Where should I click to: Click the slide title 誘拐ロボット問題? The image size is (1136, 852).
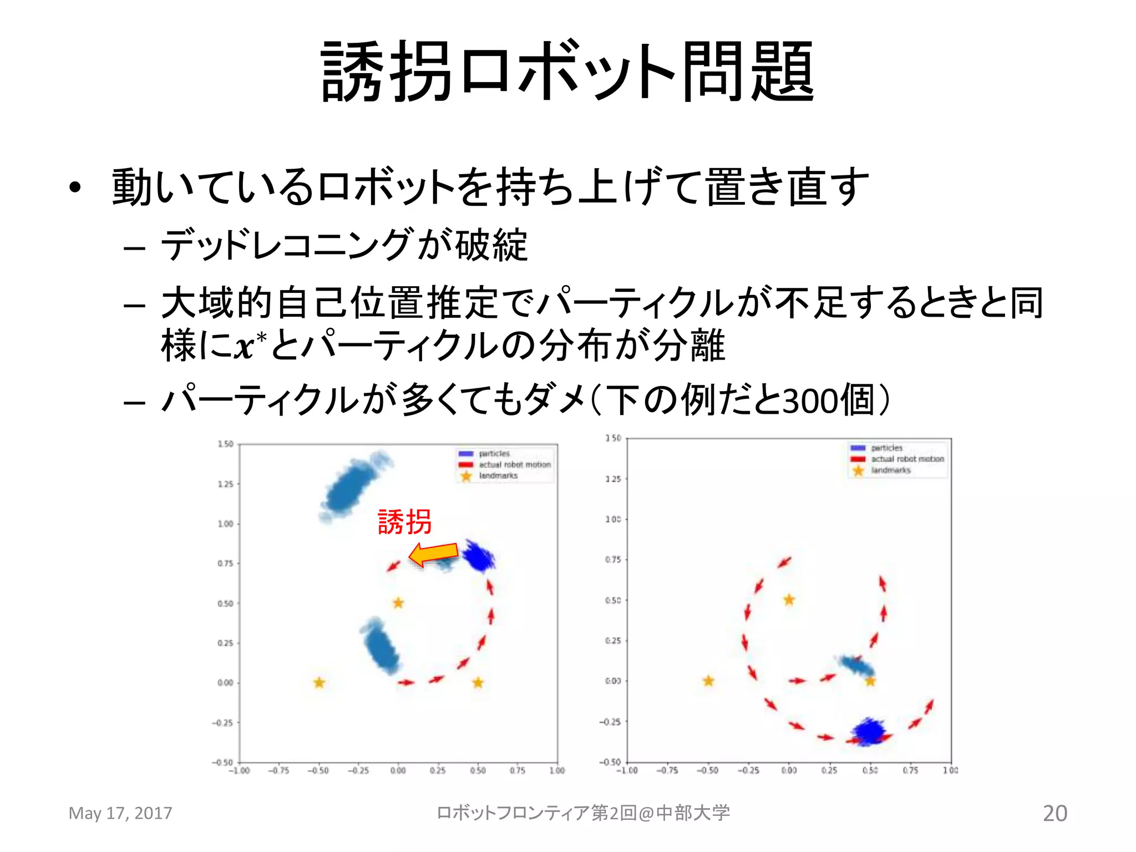tap(568, 72)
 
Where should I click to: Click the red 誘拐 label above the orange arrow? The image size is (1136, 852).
tap(404, 522)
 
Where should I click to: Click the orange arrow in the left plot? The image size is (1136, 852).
tap(433, 554)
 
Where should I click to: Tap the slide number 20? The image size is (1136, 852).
tap(1054, 813)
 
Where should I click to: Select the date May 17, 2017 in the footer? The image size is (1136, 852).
tap(120, 813)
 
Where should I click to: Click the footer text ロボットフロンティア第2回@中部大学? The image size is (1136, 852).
tap(583, 813)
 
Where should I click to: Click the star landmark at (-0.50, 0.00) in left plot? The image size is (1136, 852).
tap(319, 683)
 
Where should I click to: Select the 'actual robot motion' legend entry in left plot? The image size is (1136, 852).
tap(515, 465)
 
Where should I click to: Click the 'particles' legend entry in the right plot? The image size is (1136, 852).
tap(886, 448)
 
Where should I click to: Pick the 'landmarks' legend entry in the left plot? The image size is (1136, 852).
tap(498, 476)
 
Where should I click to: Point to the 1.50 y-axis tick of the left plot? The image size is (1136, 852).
tap(225, 444)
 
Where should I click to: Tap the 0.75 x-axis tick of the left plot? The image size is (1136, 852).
tap(517, 770)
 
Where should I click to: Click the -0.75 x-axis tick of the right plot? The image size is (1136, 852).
tap(667, 770)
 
